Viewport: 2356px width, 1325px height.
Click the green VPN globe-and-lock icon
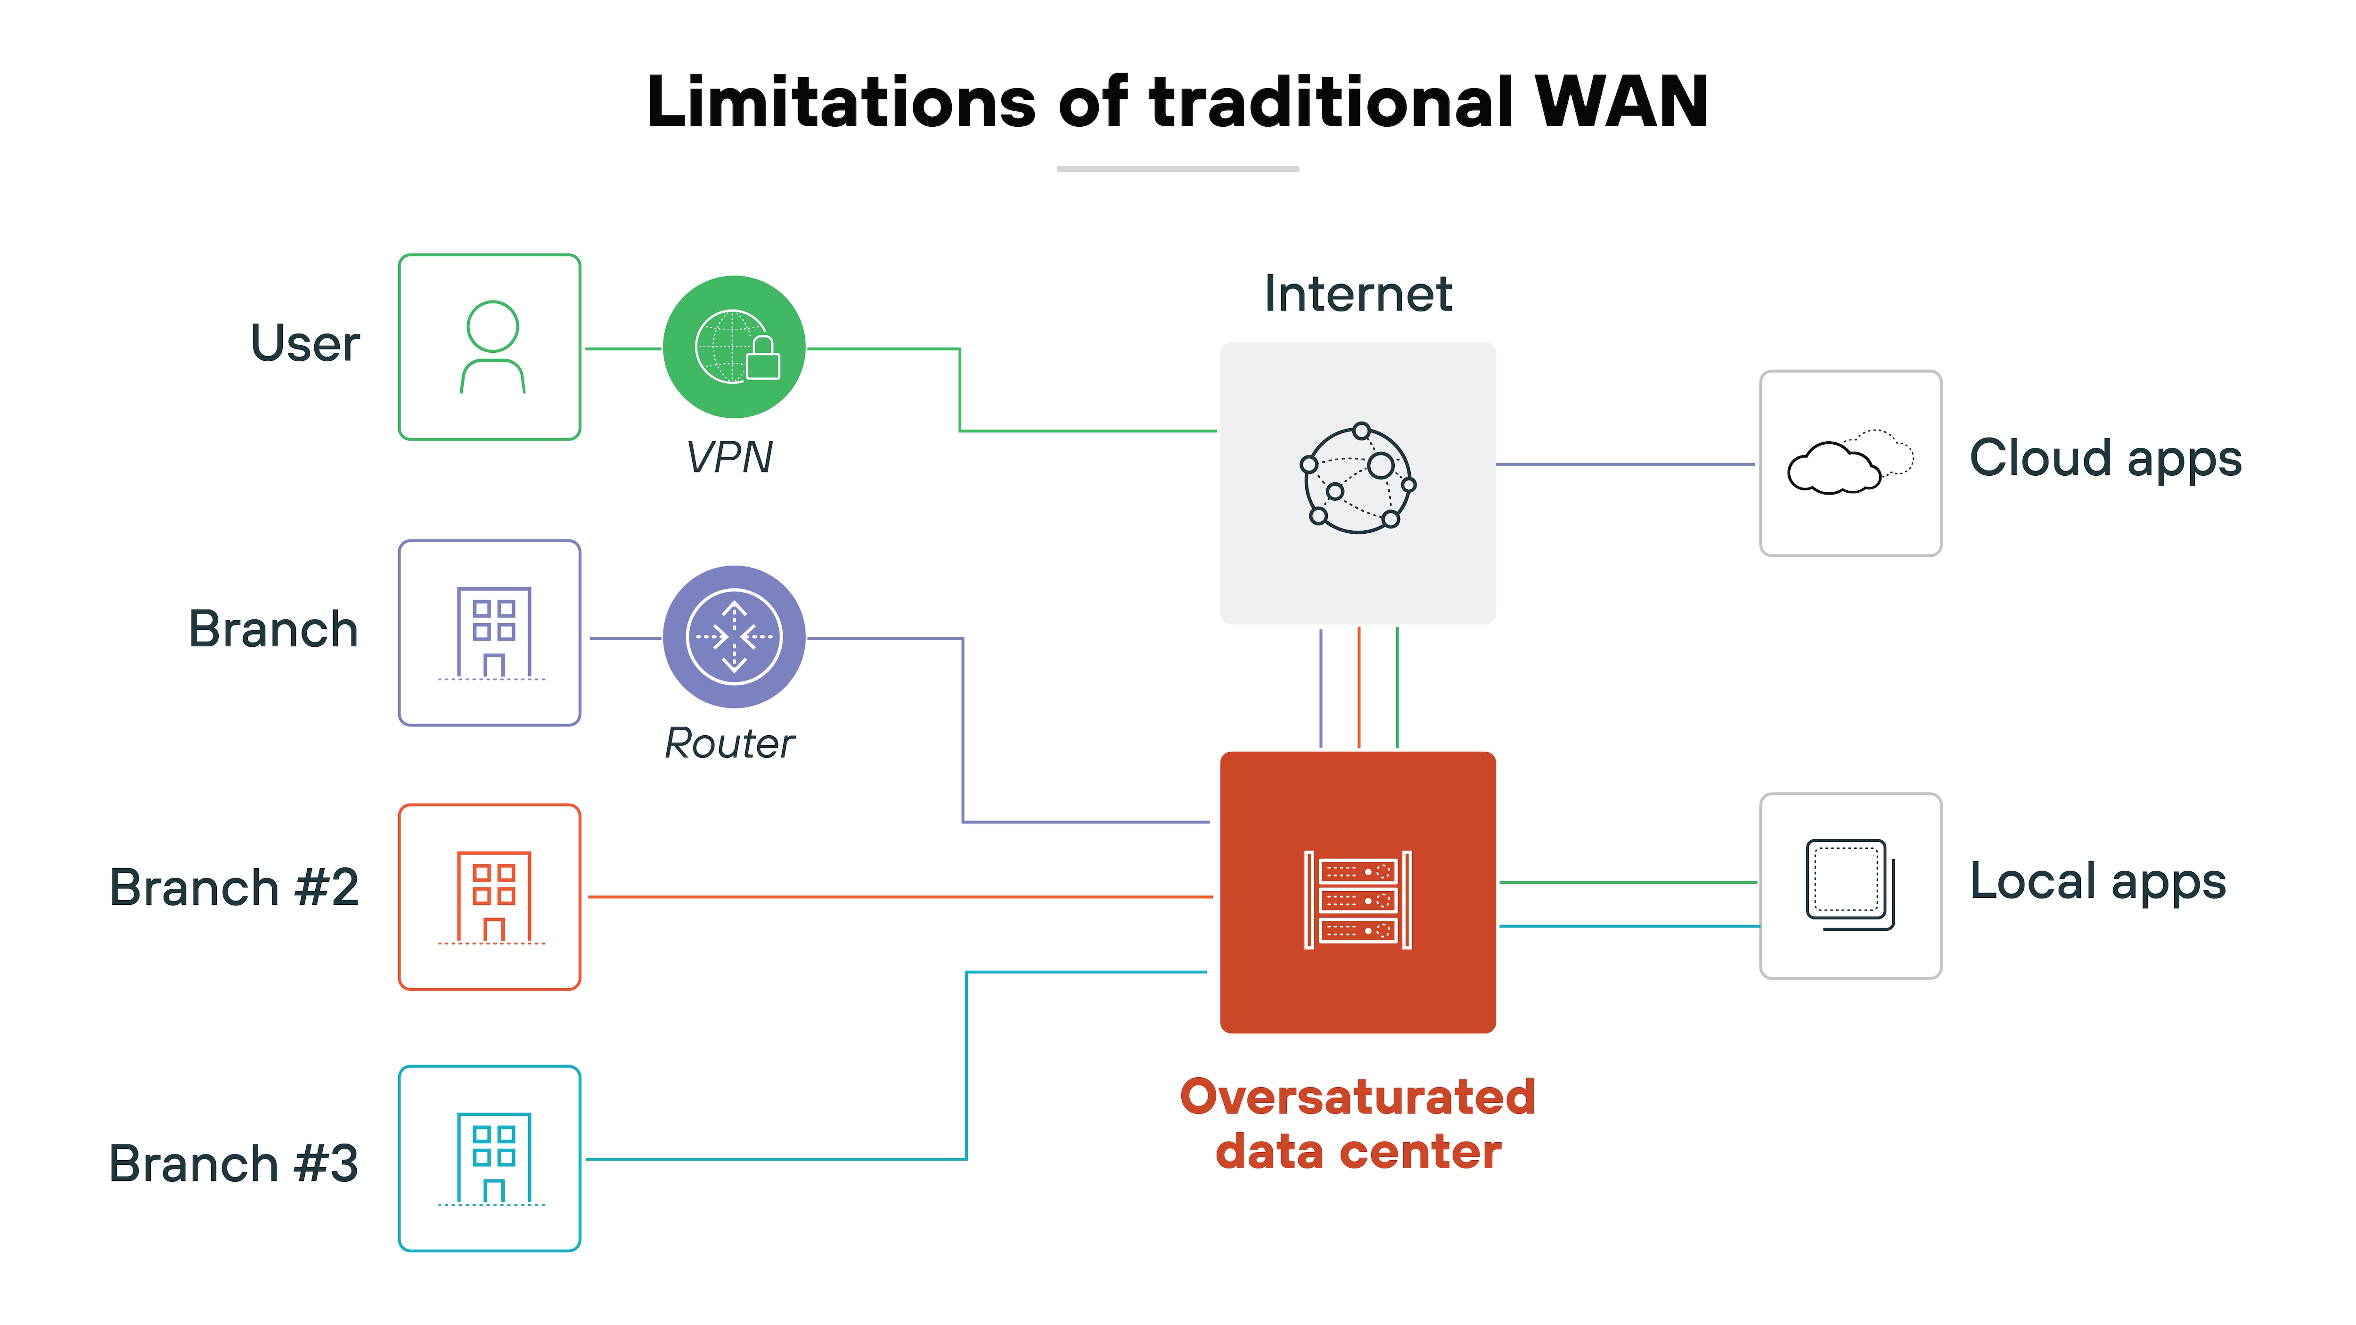tap(734, 348)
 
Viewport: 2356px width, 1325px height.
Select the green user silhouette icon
tap(492, 348)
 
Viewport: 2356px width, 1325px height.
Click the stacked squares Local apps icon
tap(1849, 885)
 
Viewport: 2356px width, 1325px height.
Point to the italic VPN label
tap(729, 457)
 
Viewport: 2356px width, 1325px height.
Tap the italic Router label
tap(729, 743)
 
